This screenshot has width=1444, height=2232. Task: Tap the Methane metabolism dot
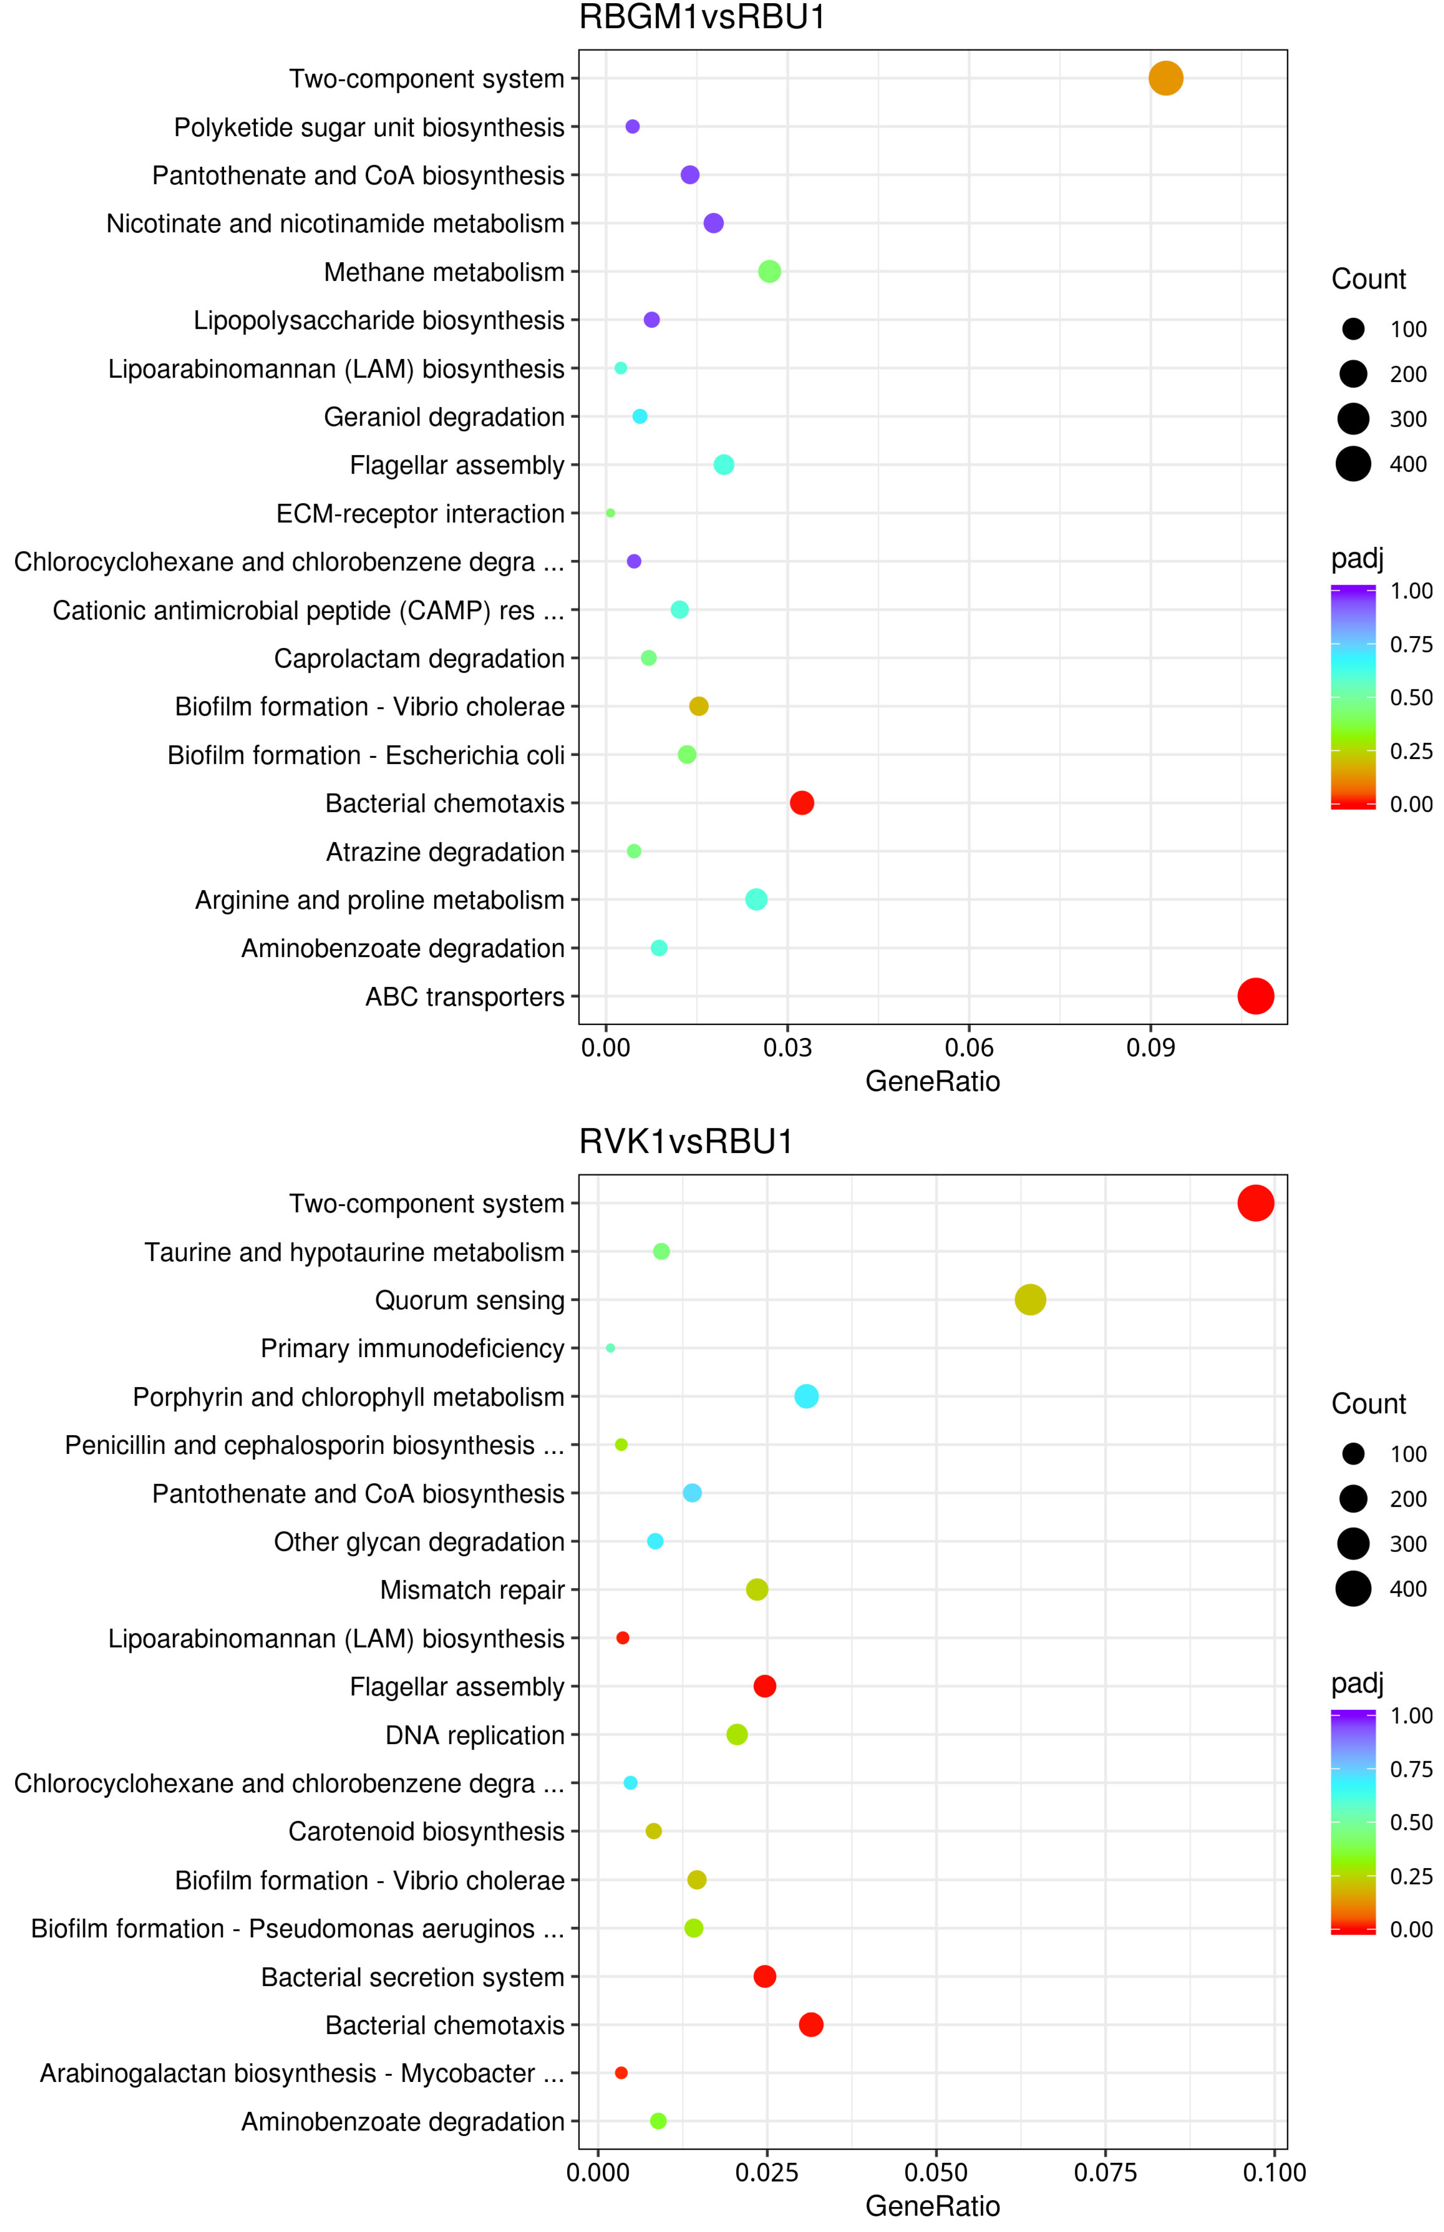pos(769,272)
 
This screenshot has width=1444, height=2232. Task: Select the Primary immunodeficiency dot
pos(611,1348)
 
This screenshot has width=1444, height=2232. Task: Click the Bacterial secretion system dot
pos(764,1976)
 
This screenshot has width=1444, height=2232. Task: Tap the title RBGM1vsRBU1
pos(701,18)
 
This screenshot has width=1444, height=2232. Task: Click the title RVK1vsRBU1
pos(685,1142)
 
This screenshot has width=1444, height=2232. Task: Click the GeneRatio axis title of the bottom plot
pos(932,2206)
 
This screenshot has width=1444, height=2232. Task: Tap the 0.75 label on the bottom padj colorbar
pos(1410,1769)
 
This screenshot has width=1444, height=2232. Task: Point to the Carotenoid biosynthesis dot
pos(654,1831)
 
